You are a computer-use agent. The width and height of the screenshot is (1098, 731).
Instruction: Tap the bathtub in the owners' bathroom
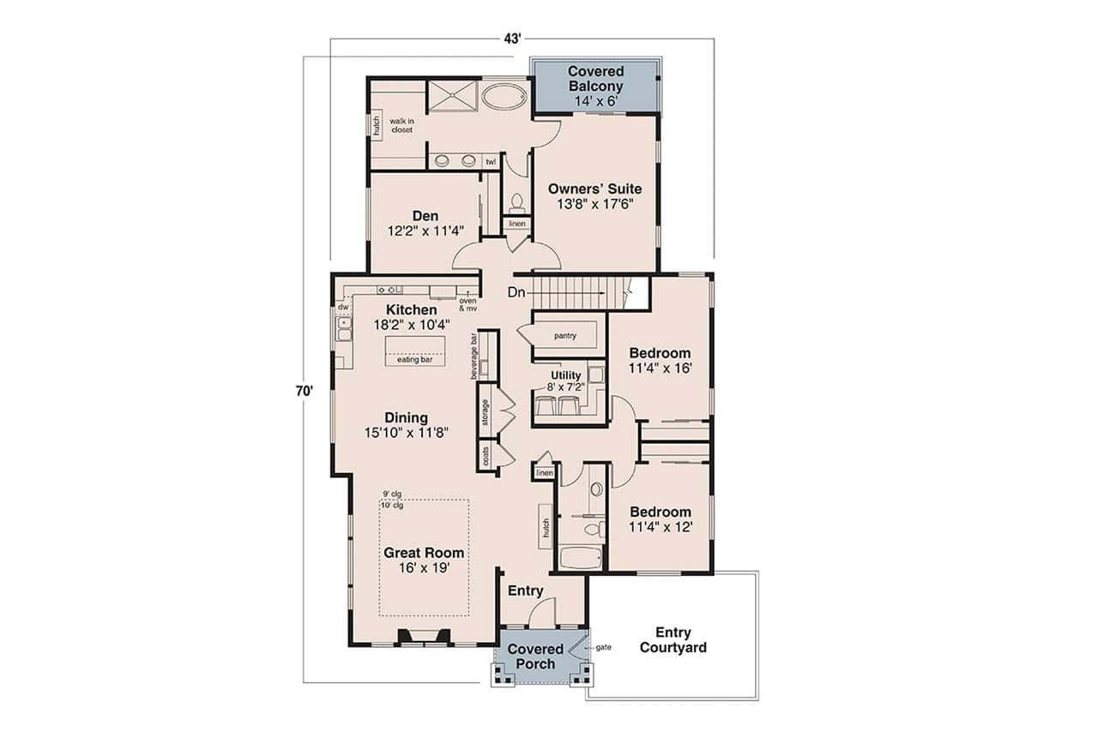(505, 95)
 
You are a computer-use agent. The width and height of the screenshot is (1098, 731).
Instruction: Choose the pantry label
(564, 337)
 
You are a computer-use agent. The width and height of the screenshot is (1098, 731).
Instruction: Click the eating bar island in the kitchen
(415, 350)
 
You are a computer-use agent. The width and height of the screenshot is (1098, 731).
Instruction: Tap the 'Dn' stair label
(516, 292)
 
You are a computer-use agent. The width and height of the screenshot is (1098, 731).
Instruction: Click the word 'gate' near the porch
(603, 647)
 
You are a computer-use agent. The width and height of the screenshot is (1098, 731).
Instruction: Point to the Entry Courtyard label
(673, 640)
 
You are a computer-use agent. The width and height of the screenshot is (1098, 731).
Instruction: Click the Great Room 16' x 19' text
(424, 560)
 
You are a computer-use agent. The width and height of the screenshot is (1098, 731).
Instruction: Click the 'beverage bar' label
(474, 357)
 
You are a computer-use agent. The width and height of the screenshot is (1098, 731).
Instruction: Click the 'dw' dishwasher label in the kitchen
(342, 306)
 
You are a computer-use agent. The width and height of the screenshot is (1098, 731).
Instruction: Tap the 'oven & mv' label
(468, 303)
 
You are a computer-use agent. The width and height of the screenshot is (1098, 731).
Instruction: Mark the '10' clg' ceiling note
(393, 506)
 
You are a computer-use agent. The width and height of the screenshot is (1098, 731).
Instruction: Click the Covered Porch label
(535, 656)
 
